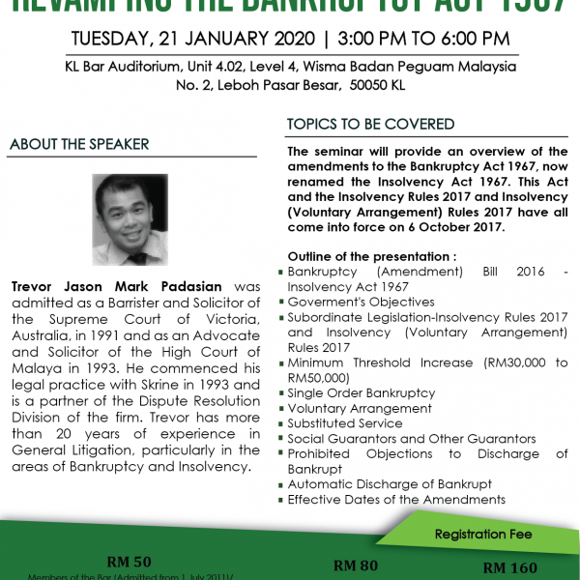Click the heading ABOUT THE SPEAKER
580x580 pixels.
click(x=79, y=144)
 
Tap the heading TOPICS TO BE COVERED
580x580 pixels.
click(x=371, y=124)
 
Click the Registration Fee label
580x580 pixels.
click(x=484, y=534)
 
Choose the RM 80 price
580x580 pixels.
click(x=356, y=565)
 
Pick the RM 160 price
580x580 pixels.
click(x=510, y=567)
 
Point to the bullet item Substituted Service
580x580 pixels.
click(x=345, y=423)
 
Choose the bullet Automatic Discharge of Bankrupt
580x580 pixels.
click(x=390, y=483)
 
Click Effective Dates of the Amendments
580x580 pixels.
click(x=396, y=499)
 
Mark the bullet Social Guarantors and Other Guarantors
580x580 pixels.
click(x=412, y=439)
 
